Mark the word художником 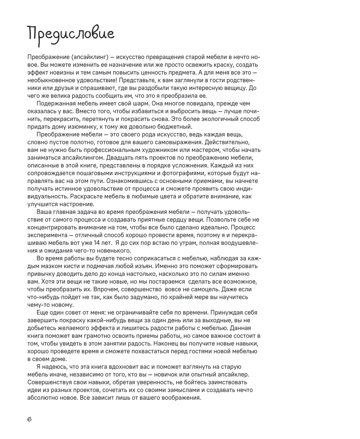(x=144, y=150)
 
